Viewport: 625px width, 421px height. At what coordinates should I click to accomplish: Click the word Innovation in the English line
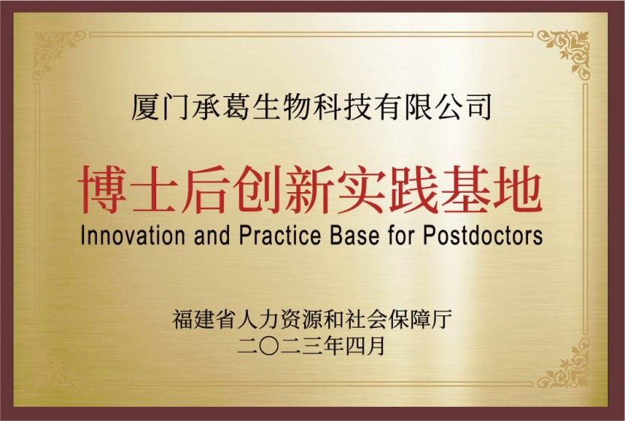coord(133,235)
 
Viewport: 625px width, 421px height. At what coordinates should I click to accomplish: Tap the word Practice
coord(279,235)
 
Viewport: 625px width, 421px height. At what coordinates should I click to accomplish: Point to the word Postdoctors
coord(483,235)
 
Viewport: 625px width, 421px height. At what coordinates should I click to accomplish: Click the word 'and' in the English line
coord(212,235)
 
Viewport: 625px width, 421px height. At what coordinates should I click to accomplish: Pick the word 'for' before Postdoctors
coord(401,235)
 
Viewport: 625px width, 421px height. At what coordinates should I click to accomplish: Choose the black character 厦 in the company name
coord(146,107)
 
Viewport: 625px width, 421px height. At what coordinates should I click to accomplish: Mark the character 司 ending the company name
coord(478,107)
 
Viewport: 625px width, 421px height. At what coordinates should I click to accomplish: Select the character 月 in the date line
coord(376,346)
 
